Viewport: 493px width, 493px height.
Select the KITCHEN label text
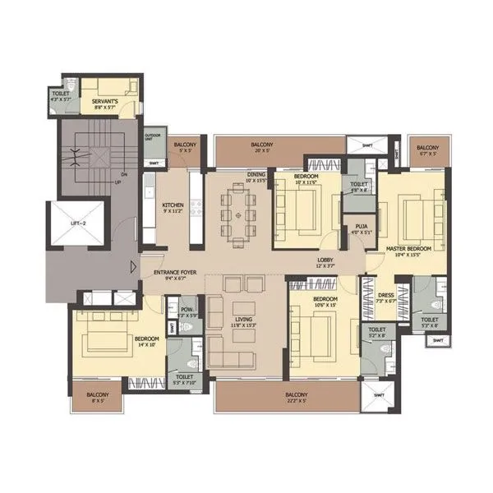click(x=173, y=205)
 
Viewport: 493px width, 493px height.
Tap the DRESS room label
click(x=385, y=299)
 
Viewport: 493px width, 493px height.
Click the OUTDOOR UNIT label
click(x=153, y=136)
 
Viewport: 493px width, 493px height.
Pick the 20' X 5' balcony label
click(x=264, y=146)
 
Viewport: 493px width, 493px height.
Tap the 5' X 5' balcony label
click(x=184, y=147)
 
